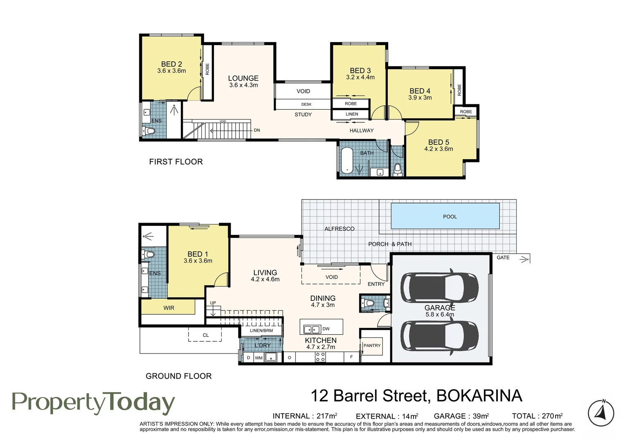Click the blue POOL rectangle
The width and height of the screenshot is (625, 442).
pyautogui.click(x=445, y=216)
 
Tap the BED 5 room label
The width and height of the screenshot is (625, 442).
pyautogui.click(x=438, y=142)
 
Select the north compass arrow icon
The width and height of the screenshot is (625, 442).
pyautogui.click(x=601, y=413)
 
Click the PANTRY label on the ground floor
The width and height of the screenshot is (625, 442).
pyautogui.click(x=372, y=345)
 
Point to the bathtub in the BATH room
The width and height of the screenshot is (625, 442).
pyautogui.click(x=347, y=160)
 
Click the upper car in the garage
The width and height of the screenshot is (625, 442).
pyautogui.click(x=440, y=288)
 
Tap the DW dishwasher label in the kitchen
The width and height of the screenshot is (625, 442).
pyautogui.click(x=326, y=329)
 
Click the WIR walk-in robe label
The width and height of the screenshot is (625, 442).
pyautogui.click(x=169, y=308)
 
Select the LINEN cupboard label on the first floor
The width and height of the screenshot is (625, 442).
pyautogui.click(x=352, y=114)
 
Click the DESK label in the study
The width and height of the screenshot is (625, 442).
pyautogui.click(x=306, y=104)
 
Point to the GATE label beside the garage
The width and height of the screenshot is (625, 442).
pyautogui.click(x=503, y=257)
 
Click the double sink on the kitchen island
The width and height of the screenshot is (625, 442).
pyautogui.click(x=312, y=329)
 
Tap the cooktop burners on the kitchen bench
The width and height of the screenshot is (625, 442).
pyautogui.click(x=320, y=357)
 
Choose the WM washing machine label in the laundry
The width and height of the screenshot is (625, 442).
pyautogui.click(x=259, y=358)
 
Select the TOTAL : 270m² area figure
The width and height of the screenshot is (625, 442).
pyautogui.click(x=537, y=416)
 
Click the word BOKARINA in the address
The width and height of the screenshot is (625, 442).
pyautogui.click(x=479, y=396)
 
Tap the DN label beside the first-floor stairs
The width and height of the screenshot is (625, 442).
pyautogui.click(x=257, y=130)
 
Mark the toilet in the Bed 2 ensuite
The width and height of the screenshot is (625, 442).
pyautogui.click(x=148, y=131)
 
